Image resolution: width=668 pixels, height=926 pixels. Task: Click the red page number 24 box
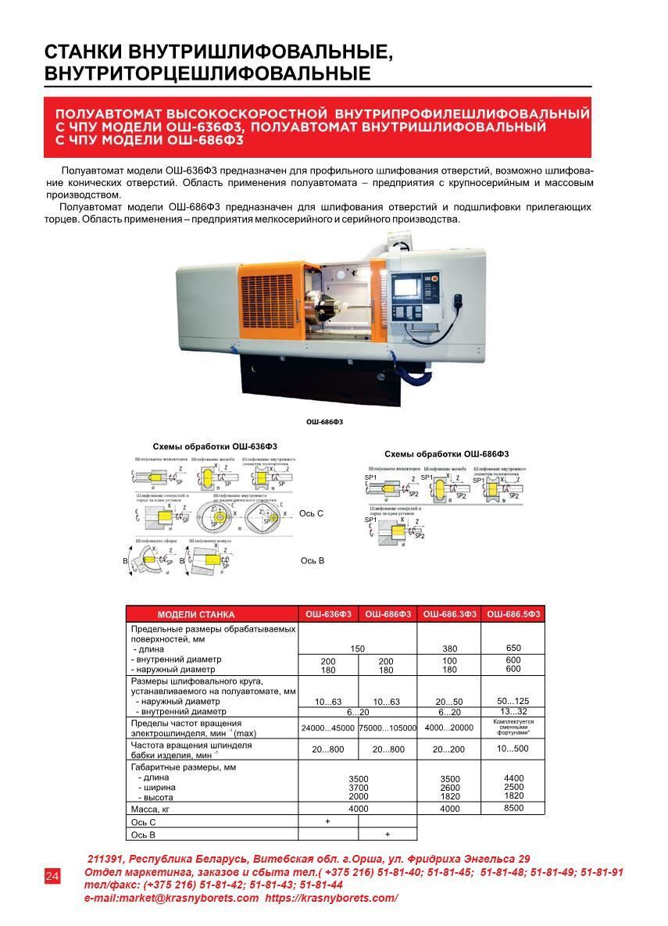[x=52, y=876]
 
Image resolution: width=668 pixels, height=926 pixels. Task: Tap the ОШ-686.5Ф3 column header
[x=513, y=614]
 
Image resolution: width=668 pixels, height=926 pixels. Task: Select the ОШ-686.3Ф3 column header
[x=449, y=614]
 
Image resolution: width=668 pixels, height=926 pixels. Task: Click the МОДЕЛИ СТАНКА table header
[x=195, y=614]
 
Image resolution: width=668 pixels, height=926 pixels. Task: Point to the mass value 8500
[x=513, y=808]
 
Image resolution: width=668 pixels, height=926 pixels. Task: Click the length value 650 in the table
[x=513, y=648]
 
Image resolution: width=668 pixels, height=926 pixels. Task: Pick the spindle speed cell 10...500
[x=513, y=749]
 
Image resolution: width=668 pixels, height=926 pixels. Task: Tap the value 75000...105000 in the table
[x=388, y=728]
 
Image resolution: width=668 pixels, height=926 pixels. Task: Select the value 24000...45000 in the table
[x=327, y=728]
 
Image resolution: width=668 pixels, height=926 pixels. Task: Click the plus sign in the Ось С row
[x=327, y=821]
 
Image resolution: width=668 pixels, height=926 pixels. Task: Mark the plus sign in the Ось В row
[x=388, y=835]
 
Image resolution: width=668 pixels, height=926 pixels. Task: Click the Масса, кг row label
[x=151, y=809]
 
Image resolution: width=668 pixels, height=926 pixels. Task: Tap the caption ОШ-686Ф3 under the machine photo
[x=323, y=422]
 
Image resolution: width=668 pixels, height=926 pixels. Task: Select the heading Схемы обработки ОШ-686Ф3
[x=446, y=454]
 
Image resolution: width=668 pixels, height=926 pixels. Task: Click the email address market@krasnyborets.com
[x=171, y=899]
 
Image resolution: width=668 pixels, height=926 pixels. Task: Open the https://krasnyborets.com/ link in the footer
[x=331, y=899]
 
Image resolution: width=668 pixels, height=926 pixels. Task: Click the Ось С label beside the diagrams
[x=311, y=513]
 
